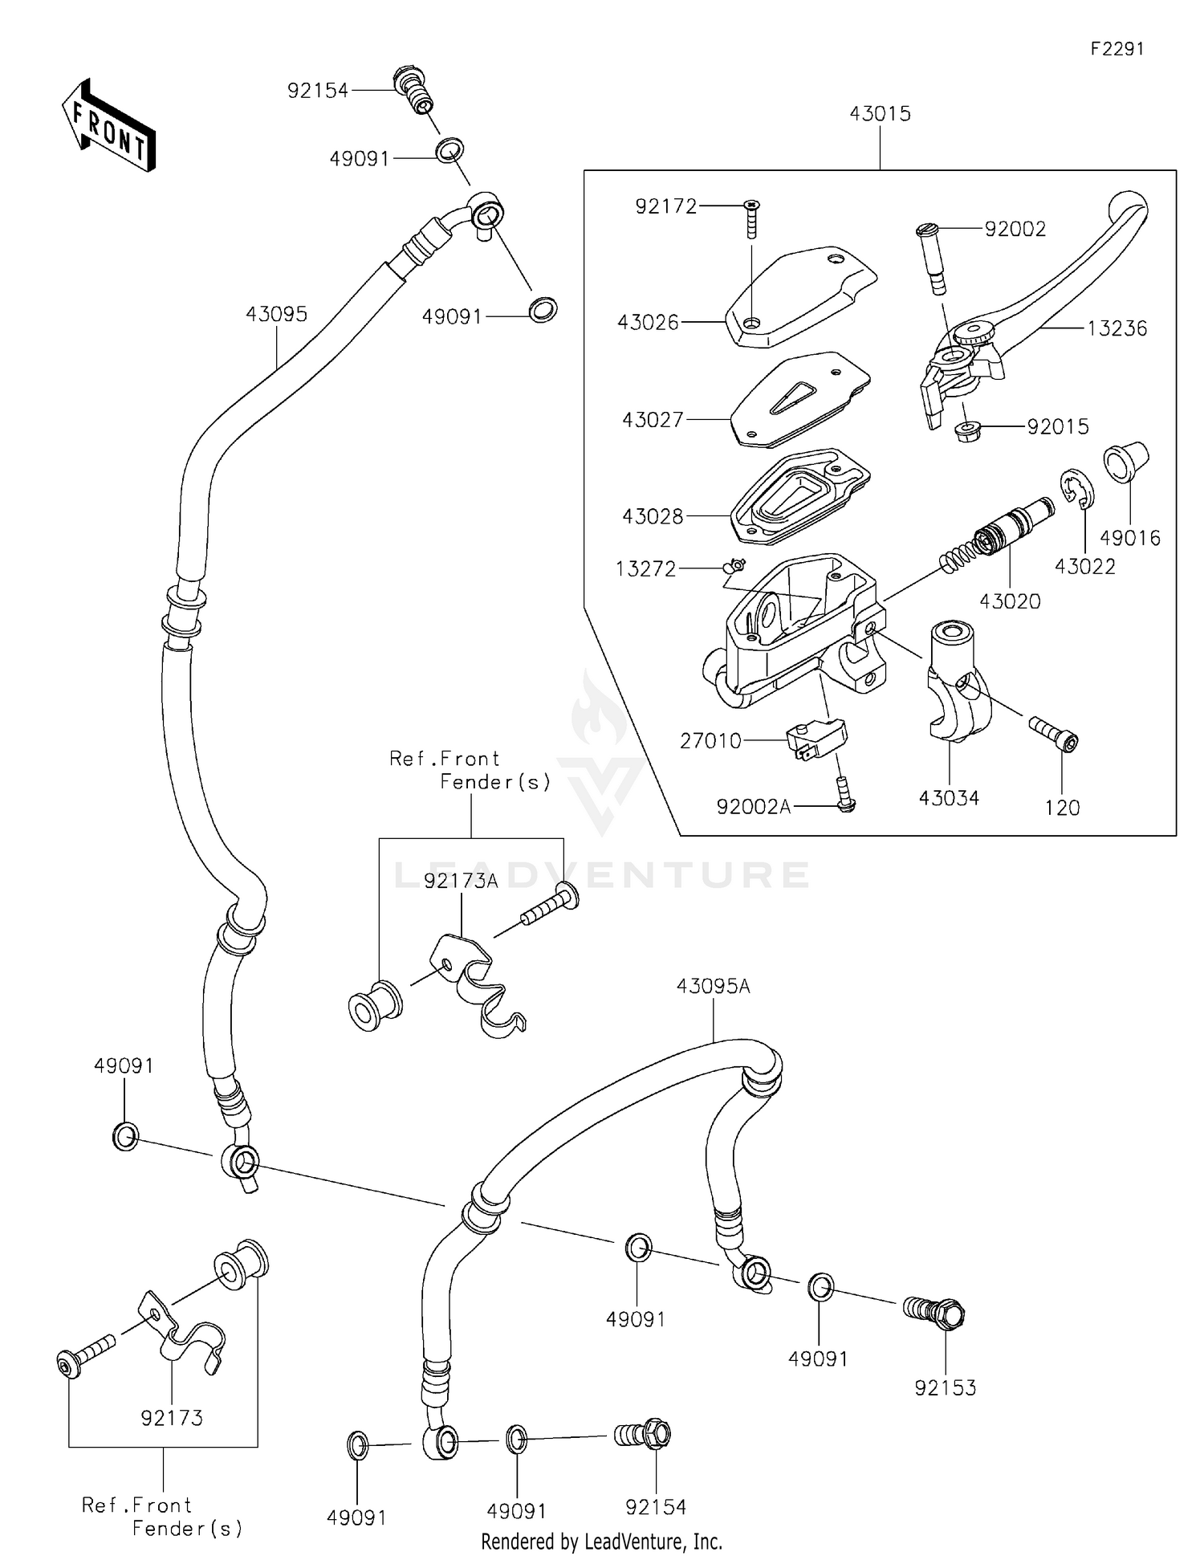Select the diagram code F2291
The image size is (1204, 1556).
1117,49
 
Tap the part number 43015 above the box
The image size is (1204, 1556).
880,114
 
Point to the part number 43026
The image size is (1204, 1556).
648,323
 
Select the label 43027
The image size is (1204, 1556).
653,420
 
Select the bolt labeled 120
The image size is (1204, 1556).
1053,732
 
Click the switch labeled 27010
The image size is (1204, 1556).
816,737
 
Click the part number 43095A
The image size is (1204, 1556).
713,987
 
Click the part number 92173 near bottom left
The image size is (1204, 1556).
172,1418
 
